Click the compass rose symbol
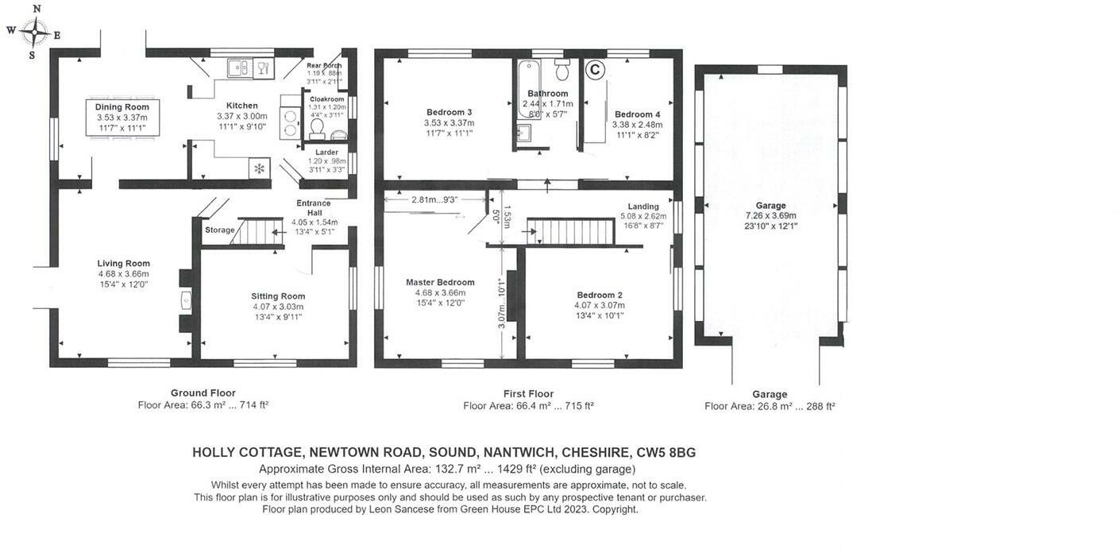coord(35,33)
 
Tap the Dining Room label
coord(122,107)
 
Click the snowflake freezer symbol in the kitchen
coord(259,168)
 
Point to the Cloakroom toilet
coord(317,127)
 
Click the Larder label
coord(326,152)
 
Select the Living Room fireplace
coord(185,300)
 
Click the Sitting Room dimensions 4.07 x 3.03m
coord(278,307)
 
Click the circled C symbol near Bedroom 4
coord(594,70)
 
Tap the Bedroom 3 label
coord(449,112)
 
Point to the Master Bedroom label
coord(440,282)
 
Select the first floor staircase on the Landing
coord(572,232)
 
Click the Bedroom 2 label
coord(600,294)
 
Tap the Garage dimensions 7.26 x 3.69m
coord(770,215)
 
